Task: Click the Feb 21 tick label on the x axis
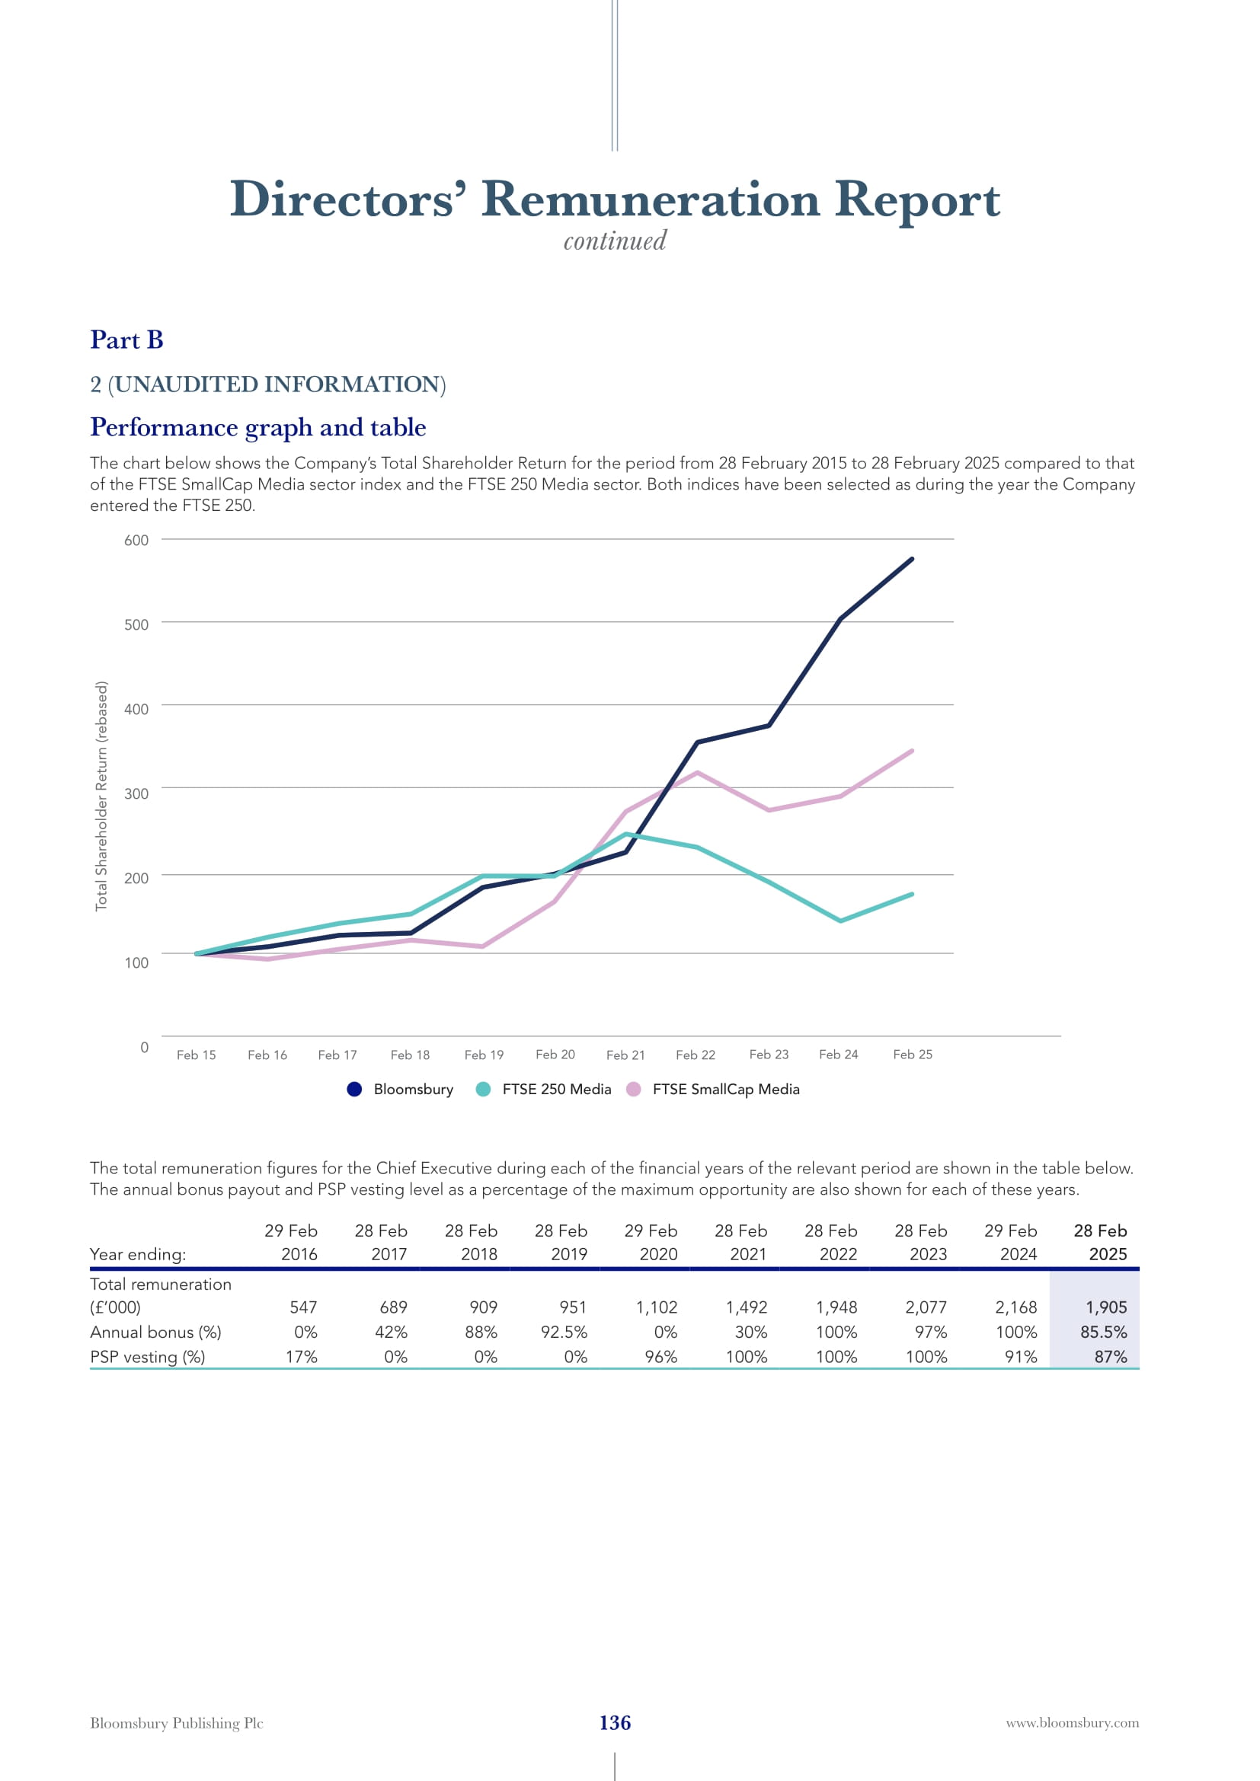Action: (625, 1055)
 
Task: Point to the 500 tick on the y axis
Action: (136, 624)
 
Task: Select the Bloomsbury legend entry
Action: (401, 1089)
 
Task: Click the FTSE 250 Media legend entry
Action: (544, 1089)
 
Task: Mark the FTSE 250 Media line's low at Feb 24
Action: (840, 921)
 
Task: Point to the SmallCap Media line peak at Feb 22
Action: (698, 773)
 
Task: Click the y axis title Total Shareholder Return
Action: (101, 795)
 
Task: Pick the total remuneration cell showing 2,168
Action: (1015, 1307)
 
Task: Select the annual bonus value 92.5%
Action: (564, 1332)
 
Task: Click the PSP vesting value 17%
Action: (301, 1357)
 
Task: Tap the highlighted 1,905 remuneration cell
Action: (1105, 1307)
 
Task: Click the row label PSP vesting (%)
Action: (148, 1357)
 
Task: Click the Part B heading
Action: (126, 340)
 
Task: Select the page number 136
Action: (615, 1723)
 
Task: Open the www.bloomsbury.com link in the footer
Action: (1073, 1723)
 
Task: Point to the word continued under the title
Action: (615, 241)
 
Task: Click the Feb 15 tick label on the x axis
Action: (197, 1055)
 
